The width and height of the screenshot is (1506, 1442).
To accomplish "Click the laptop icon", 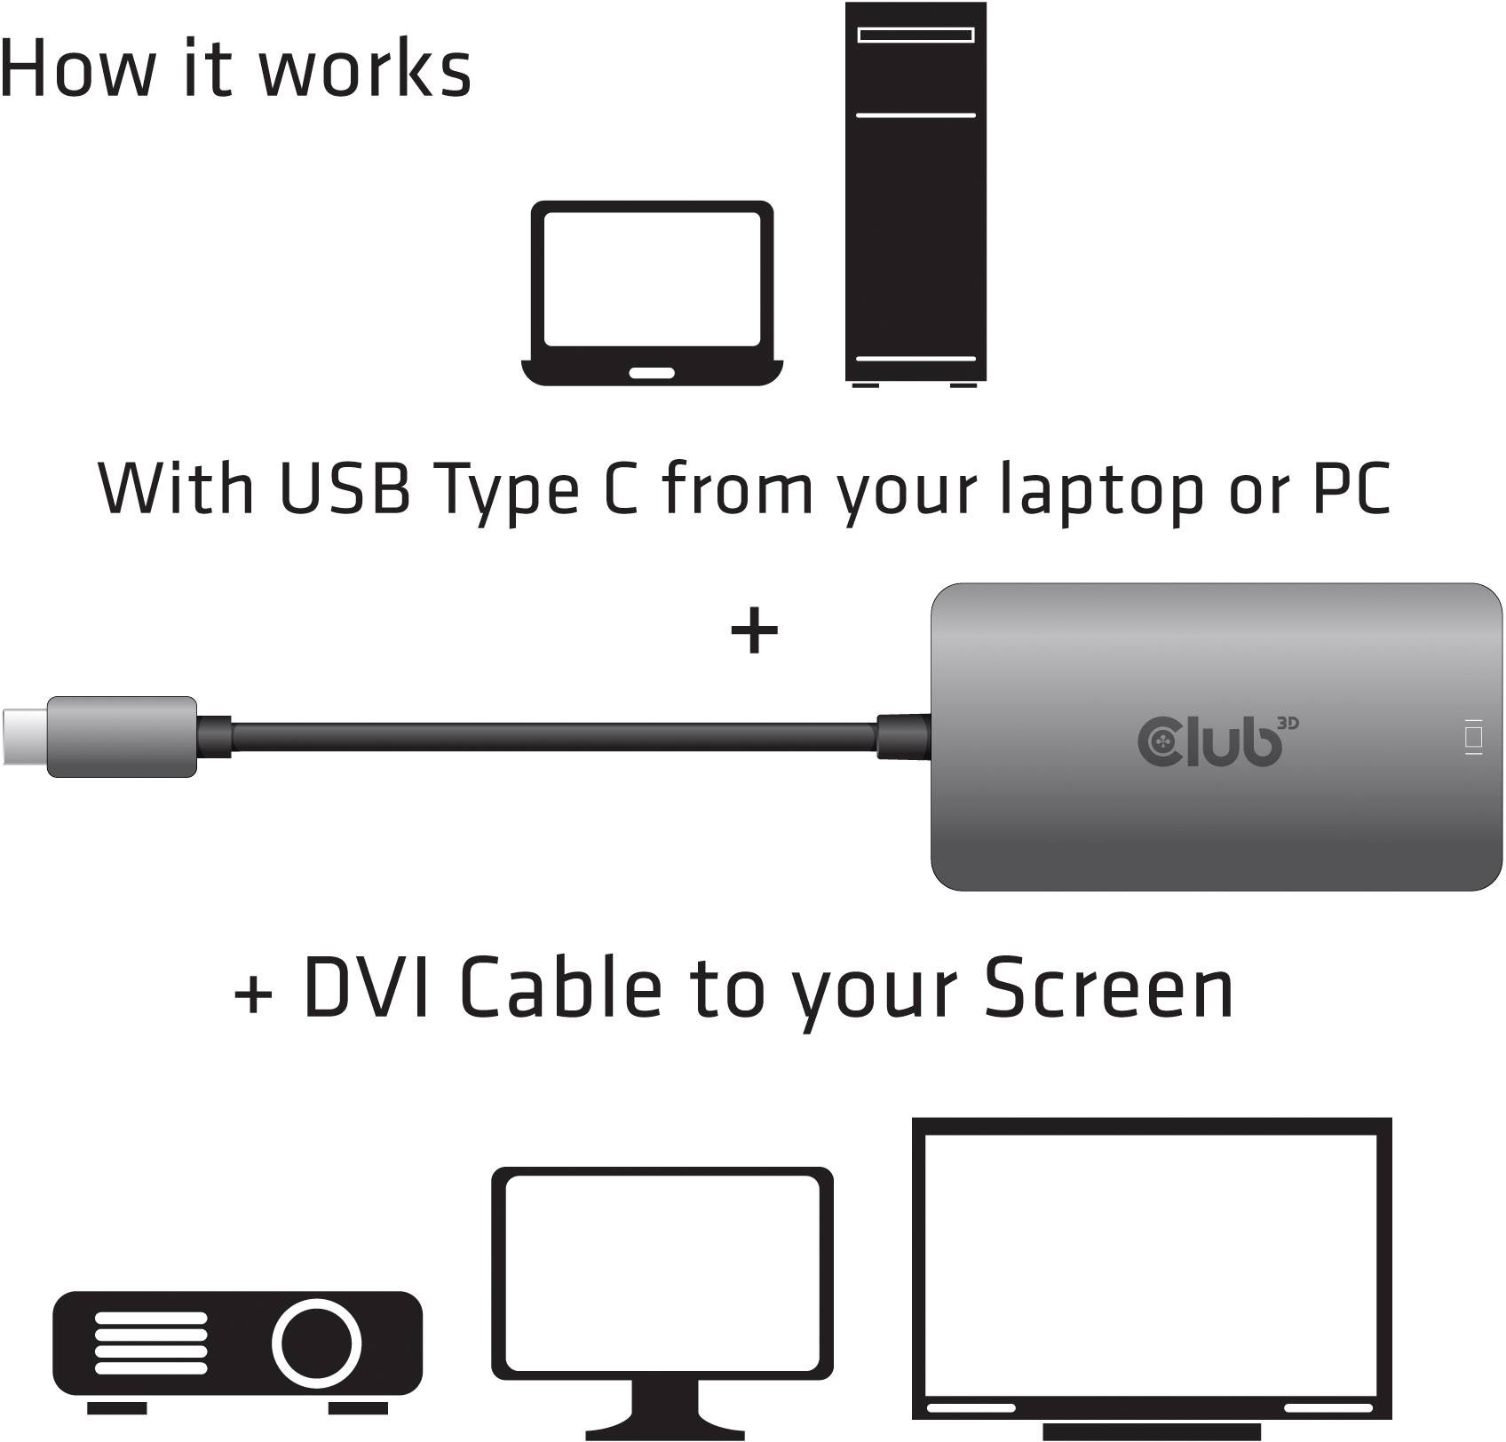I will (x=652, y=293).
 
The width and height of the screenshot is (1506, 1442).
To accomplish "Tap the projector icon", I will (x=237, y=1346).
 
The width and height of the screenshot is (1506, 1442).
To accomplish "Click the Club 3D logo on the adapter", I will (x=1217, y=740).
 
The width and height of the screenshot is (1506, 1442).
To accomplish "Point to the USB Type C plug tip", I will (x=24, y=736).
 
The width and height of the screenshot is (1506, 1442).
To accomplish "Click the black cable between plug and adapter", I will (x=551, y=738).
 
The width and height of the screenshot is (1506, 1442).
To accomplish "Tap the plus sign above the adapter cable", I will (x=754, y=630).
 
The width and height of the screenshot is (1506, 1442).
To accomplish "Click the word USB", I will (x=345, y=487).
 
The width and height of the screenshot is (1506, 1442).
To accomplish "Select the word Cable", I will (x=561, y=987).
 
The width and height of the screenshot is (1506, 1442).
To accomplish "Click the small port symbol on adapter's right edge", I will (x=1474, y=738).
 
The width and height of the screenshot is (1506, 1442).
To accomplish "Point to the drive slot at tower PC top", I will (x=915, y=36).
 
